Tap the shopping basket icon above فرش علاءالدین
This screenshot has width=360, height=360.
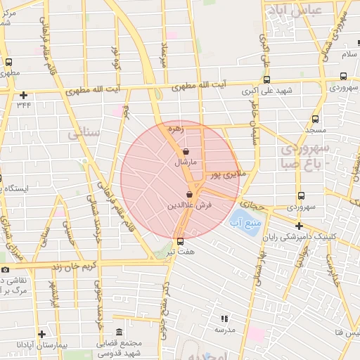click(190, 195)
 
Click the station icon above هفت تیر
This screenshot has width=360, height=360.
click(181, 241)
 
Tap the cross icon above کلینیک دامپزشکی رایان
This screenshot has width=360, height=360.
click(300, 226)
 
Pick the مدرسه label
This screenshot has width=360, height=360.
click(224, 329)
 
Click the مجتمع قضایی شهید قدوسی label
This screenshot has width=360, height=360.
click(118, 345)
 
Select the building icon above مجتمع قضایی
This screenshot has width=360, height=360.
click(118, 331)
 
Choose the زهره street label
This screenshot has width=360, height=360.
click(175, 129)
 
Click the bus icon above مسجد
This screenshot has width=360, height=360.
click(315, 119)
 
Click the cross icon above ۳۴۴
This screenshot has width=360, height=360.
click(24, 95)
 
